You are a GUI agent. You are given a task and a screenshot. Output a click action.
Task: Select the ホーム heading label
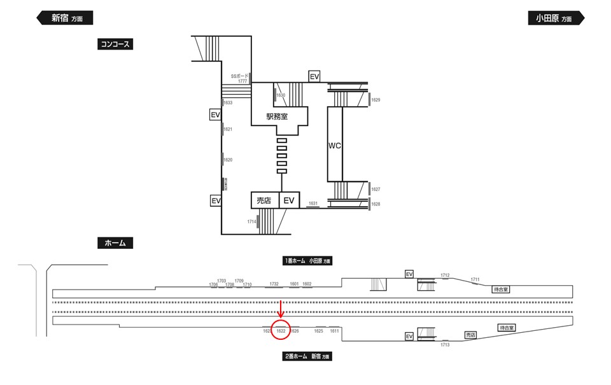pyautogui.click(x=115, y=243)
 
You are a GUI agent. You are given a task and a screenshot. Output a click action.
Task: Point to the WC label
pyautogui.click(x=335, y=146)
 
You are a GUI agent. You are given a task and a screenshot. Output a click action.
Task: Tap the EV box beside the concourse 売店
pyautogui.click(x=290, y=200)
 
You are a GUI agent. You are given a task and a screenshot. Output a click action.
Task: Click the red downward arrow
pyautogui.click(x=281, y=310)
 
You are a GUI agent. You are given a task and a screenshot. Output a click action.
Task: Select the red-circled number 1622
pyautogui.click(x=281, y=331)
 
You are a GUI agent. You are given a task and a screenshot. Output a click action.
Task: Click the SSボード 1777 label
pyautogui.click(x=240, y=78)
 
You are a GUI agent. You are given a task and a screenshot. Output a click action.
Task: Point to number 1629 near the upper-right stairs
pyautogui.click(x=376, y=100)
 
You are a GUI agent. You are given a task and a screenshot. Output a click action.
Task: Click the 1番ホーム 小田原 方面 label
pyautogui.click(x=308, y=261)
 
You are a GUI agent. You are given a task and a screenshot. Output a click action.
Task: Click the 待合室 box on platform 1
pyautogui.click(x=501, y=289)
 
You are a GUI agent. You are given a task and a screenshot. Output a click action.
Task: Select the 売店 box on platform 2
pyautogui.click(x=470, y=335)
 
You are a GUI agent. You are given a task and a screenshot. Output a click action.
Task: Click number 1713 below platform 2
pyautogui.click(x=445, y=345)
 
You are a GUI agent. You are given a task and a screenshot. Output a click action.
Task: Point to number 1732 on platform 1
pyautogui.click(x=274, y=284)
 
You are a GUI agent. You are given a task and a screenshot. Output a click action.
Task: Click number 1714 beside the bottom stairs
pyautogui.click(x=251, y=221)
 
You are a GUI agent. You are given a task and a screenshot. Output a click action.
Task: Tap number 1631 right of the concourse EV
pyautogui.click(x=313, y=203)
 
